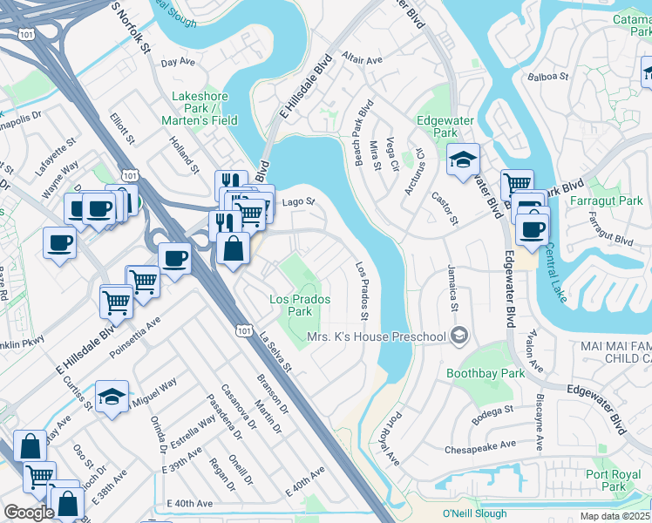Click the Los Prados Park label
click(290, 305)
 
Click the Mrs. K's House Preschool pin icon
click(459, 336)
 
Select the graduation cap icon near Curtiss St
click(112, 397)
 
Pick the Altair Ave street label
click(362, 60)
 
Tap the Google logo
click(29, 513)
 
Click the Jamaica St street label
click(453, 289)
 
